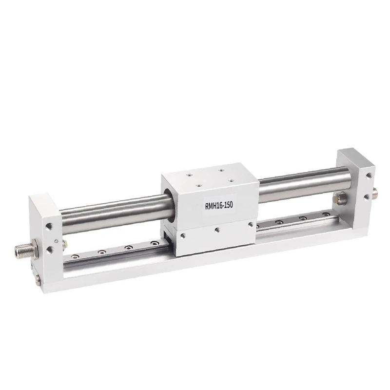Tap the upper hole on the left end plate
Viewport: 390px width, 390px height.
[x=48, y=226]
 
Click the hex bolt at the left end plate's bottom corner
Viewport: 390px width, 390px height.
[x=38, y=279]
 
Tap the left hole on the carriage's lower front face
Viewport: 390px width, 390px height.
[x=183, y=235]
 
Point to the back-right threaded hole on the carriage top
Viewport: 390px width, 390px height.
[x=221, y=170]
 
